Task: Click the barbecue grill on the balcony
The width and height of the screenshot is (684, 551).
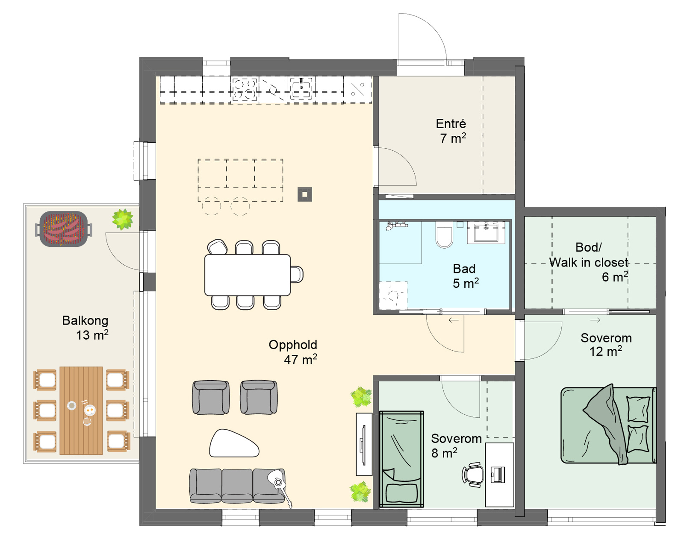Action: point(64,229)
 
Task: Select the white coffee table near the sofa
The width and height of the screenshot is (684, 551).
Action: point(234,444)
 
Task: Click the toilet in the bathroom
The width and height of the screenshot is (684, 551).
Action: point(444,234)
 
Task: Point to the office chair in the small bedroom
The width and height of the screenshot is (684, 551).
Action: point(473,475)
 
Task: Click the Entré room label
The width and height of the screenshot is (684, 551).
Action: point(451,123)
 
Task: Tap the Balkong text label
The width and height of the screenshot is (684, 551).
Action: point(85,320)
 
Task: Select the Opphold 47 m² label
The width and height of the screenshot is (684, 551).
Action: point(293,352)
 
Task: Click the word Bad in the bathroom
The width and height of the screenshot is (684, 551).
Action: point(464,269)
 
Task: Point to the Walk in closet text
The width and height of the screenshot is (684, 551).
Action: point(589,262)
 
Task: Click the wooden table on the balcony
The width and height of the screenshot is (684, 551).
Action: point(81,410)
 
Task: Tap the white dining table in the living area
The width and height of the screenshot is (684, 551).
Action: point(247,275)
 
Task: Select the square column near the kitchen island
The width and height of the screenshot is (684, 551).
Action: point(304,194)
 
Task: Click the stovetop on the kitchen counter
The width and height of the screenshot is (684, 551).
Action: point(245,89)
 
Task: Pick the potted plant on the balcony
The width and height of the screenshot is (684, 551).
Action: point(123,219)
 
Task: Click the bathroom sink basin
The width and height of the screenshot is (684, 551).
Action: point(486,232)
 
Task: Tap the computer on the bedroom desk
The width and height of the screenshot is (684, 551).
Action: point(498,475)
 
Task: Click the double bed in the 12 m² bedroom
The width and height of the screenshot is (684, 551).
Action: point(608,425)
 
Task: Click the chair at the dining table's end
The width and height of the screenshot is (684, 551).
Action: point(297,274)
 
